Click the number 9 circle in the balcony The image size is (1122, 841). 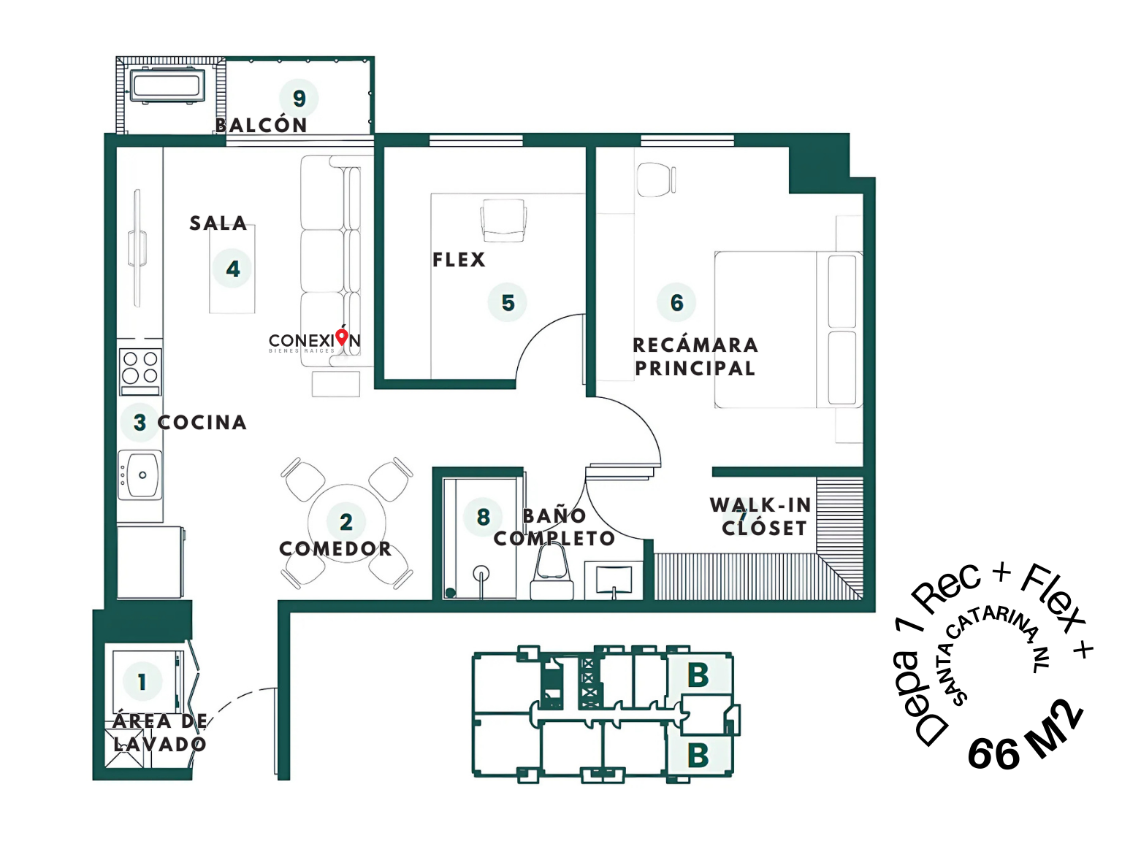coord(299,98)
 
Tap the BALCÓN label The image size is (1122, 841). coord(262,125)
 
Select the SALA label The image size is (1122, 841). coord(218,223)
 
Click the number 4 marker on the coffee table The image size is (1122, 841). coord(232,269)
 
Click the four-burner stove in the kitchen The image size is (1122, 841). coord(140,372)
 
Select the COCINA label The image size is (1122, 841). coord(202,422)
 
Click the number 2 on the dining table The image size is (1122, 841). coord(346,522)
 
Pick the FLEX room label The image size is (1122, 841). coord(459,259)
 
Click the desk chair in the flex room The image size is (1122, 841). coord(503,220)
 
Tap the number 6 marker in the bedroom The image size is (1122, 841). coord(676,302)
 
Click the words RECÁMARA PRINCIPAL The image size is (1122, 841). coord(695,356)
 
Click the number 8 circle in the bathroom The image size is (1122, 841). coord(483,517)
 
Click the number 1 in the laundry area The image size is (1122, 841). coord(142,682)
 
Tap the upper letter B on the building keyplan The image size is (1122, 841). coord(698,675)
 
